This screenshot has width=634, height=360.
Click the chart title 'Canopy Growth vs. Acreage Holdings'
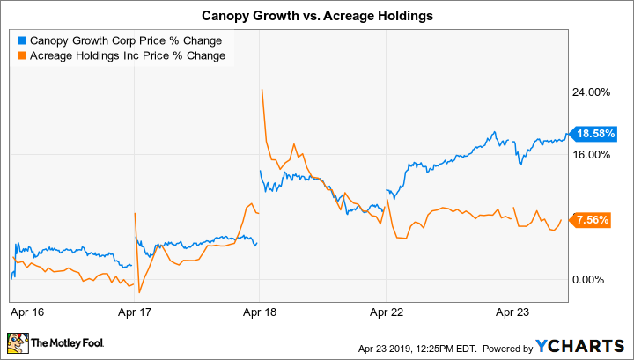(316, 16)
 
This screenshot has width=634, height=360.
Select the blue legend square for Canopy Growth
(22, 40)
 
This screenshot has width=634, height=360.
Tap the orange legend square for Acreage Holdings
(22, 55)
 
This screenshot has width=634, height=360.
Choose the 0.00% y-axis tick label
(589, 279)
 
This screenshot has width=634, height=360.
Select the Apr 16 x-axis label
(27, 311)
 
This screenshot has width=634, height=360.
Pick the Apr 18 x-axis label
(259, 311)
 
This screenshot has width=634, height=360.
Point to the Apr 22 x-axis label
(387, 311)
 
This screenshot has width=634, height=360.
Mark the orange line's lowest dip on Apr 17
(138, 291)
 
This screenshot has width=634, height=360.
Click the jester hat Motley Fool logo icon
(17, 342)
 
